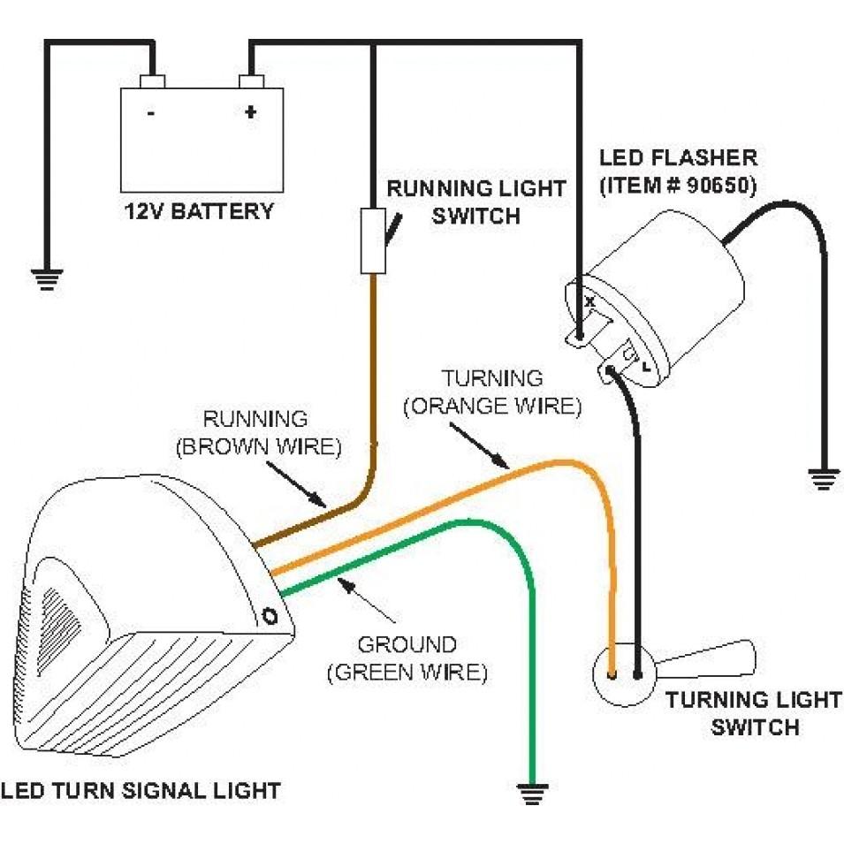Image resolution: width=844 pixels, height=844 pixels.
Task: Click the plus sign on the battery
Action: (251, 112)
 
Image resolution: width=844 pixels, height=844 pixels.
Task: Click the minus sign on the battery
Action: (152, 113)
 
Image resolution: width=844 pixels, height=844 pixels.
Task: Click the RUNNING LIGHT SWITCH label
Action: (476, 201)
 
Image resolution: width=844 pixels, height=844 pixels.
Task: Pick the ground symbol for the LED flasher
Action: (825, 480)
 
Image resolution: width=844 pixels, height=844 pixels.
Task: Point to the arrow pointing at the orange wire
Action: (478, 445)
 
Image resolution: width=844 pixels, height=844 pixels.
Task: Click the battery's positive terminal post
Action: (252, 82)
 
